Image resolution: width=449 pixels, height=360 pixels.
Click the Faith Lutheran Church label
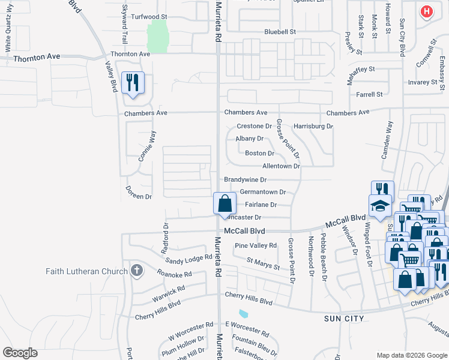pos(87,271)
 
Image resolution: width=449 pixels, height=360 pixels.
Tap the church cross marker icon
pos(136,271)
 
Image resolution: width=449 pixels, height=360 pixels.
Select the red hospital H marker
pos(426,11)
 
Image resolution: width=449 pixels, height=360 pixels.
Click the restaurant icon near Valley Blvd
pos(133,83)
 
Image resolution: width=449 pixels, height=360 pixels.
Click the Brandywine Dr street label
pos(245,179)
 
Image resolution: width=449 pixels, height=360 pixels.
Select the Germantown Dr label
pos(262,192)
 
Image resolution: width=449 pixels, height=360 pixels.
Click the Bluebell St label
pos(280,31)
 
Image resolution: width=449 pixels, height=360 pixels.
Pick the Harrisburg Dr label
pos(313,126)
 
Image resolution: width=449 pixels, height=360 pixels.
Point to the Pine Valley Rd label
pos(256,245)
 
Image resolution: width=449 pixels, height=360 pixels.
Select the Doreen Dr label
pos(139,196)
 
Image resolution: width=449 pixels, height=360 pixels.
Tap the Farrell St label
pos(369,94)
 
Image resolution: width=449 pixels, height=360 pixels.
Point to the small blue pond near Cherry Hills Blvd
pos(243,313)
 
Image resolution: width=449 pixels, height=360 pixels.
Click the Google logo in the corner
pos(20,353)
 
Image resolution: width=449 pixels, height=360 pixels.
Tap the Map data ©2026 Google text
pos(411,355)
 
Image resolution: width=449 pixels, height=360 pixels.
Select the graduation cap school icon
pos(380,206)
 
